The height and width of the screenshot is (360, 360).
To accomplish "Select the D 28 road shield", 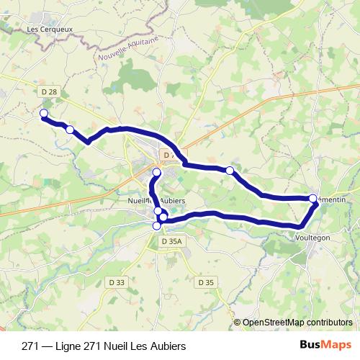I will tap(49, 91).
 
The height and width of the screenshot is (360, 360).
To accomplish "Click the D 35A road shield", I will tap(171, 242).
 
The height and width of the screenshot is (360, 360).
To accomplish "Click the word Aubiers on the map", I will tap(172, 199).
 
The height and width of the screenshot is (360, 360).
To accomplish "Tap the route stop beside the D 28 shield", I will tap(43, 114).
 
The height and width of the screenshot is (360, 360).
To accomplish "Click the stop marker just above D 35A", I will tap(157, 226).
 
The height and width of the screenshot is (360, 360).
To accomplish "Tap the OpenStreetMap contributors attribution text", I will tap(297, 323).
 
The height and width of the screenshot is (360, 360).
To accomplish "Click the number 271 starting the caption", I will tap(30, 346).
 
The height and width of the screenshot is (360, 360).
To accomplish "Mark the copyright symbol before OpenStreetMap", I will tap(238, 323).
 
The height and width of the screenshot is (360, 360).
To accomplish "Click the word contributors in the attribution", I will tap(326, 323).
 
